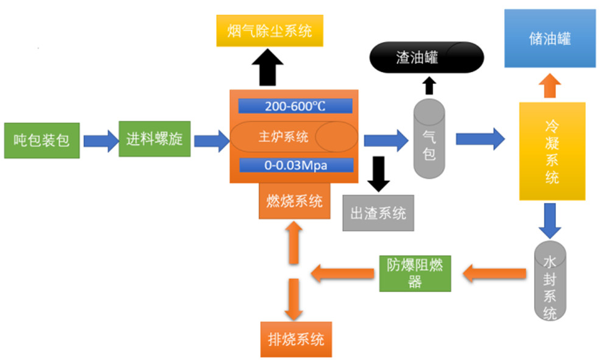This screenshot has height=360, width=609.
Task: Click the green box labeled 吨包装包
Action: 41,141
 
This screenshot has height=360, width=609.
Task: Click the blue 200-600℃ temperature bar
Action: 295,106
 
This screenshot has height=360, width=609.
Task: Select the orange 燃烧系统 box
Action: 295,200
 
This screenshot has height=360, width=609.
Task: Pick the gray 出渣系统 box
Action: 378,213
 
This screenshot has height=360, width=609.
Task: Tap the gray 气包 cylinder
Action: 429,139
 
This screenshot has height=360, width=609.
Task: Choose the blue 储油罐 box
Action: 549,39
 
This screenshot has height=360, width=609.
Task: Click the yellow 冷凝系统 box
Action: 552,151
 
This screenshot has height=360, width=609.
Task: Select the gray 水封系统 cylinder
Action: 550,280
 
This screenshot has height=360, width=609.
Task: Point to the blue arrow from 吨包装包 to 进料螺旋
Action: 100,141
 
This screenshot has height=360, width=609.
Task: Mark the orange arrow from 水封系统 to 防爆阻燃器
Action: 493,274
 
